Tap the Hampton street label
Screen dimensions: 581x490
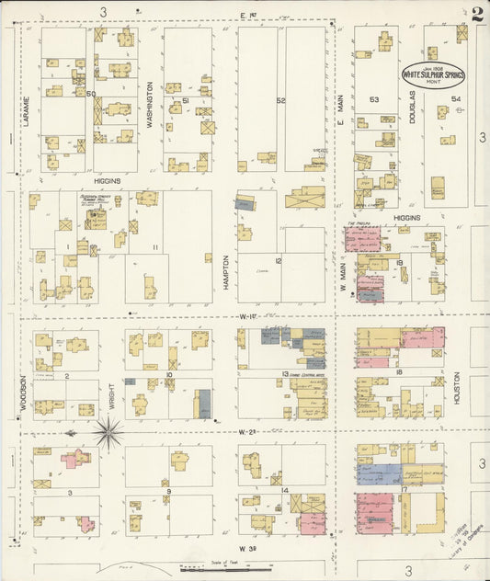[224, 273]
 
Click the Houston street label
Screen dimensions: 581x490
[456, 389]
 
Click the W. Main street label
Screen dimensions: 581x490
[341, 277]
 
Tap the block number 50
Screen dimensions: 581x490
[91, 94]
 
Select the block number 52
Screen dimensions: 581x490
[281, 100]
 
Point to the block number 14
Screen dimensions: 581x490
[286, 491]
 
